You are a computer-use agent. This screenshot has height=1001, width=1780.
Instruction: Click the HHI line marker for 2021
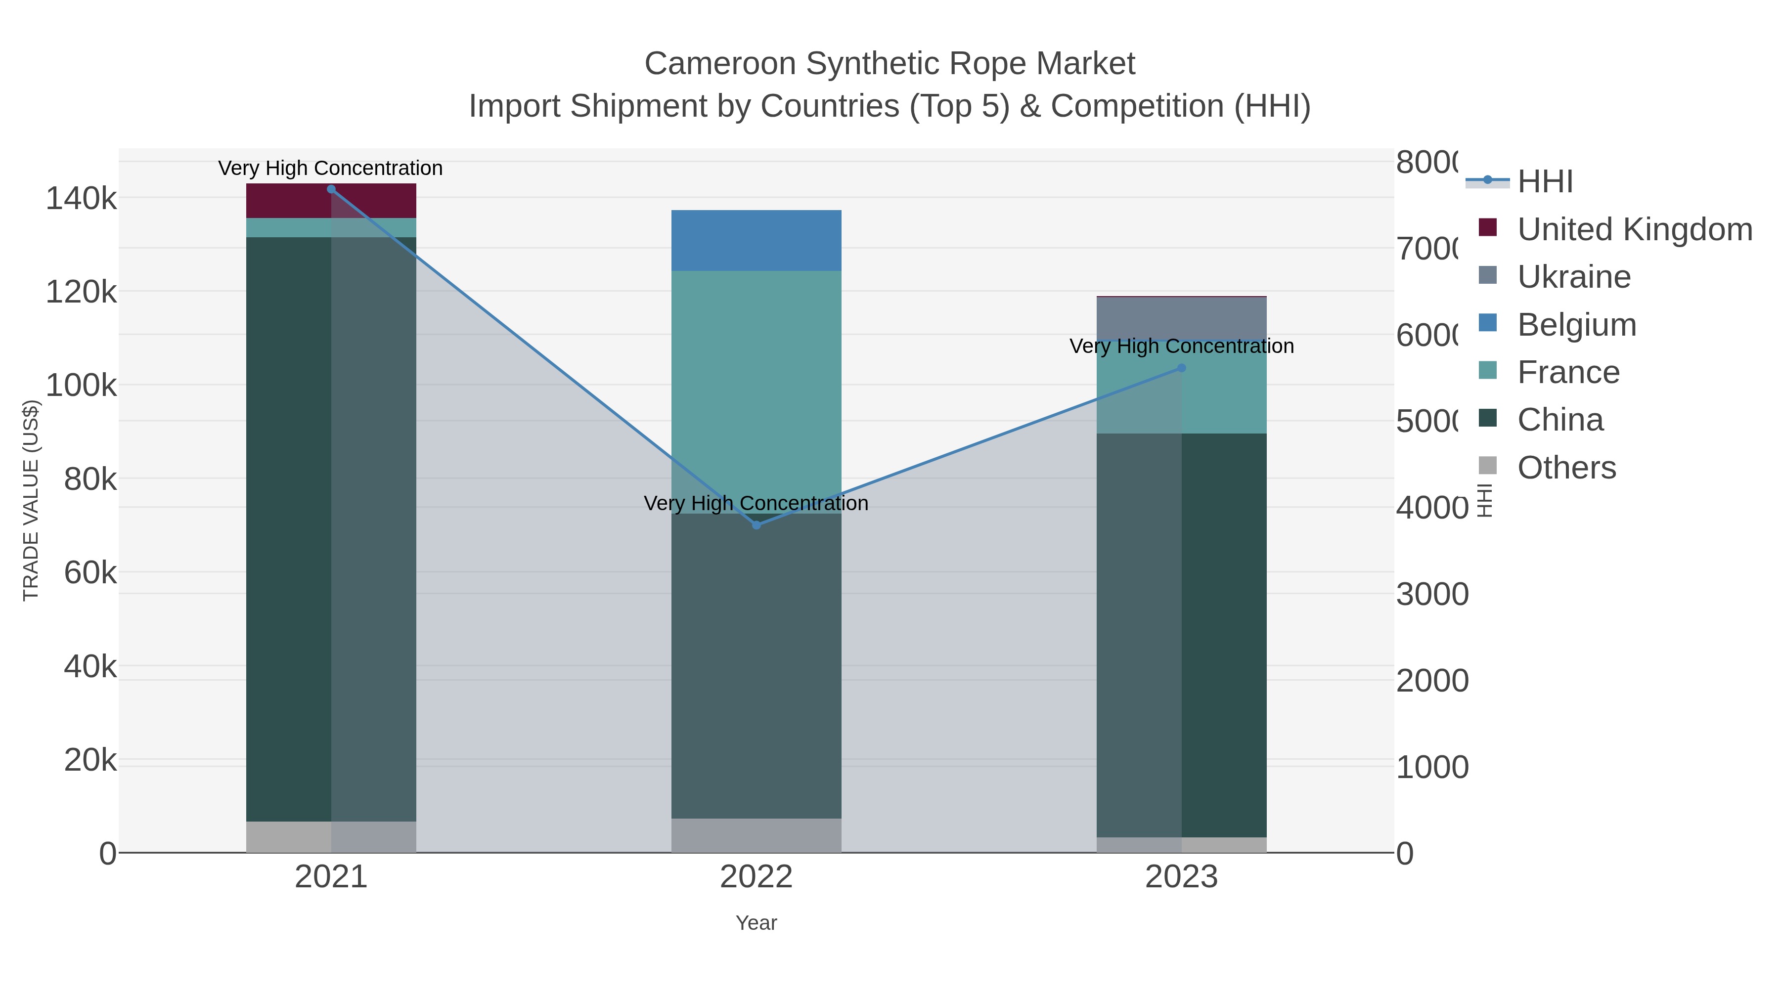click(331, 189)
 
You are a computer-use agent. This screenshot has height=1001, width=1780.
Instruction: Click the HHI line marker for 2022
click(756, 525)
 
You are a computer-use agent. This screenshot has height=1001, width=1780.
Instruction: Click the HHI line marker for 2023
click(1181, 368)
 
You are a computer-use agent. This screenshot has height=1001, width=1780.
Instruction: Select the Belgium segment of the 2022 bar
click(756, 240)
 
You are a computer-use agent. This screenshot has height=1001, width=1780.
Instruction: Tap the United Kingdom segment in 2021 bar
click(331, 200)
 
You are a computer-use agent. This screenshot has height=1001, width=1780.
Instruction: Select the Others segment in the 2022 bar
click(756, 835)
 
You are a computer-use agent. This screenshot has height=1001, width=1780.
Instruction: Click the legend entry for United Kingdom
click(1634, 229)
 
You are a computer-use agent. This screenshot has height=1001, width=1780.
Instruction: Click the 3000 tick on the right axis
click(1432, 595)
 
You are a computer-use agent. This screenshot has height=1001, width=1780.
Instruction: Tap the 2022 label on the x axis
click(756, 878)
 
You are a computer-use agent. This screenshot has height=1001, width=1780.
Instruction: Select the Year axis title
click(756, 923)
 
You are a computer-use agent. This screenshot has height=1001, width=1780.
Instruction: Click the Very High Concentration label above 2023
click(1181, 346)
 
